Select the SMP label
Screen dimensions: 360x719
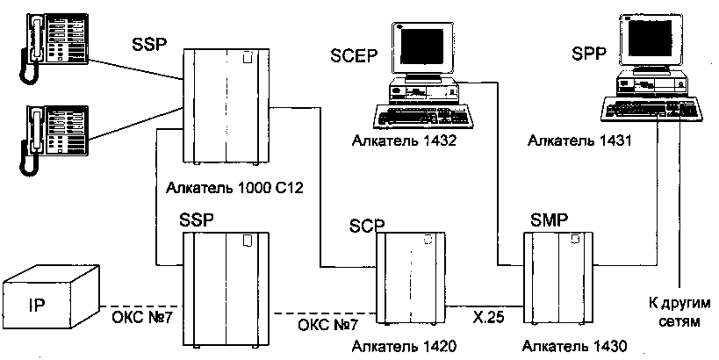click(550, 218)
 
